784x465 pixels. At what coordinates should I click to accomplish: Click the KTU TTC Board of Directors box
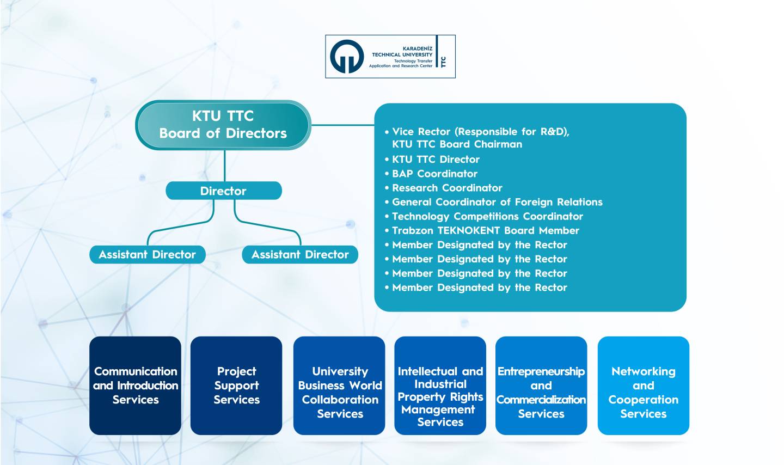[223, 125]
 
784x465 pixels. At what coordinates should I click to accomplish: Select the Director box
[224, 191]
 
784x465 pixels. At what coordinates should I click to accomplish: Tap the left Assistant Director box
[148, 255]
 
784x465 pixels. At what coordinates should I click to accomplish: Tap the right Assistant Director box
[300, 255]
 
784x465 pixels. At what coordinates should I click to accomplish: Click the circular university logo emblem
[347, 57]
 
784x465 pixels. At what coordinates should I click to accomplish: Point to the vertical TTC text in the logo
[443, 62]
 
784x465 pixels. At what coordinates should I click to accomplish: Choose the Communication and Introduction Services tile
[135, 386]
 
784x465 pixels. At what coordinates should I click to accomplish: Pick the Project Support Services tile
[236, 386]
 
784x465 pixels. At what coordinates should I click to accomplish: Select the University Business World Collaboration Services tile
[339, 386]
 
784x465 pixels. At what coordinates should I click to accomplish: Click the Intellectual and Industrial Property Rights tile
[440, 386]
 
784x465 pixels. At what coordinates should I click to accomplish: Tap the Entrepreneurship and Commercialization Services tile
[541, 386]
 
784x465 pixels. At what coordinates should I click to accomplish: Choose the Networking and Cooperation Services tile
[644, 386]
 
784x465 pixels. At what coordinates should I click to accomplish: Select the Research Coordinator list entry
[443, 188]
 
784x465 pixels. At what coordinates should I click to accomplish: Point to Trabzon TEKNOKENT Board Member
[482, 231]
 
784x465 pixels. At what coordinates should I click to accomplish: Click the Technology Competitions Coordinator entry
[483, 216]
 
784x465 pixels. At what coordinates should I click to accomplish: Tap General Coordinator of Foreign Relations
[493, 202]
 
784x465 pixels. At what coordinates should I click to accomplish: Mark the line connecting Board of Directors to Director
[224, 166]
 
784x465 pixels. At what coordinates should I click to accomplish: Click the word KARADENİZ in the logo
[418, 48]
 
